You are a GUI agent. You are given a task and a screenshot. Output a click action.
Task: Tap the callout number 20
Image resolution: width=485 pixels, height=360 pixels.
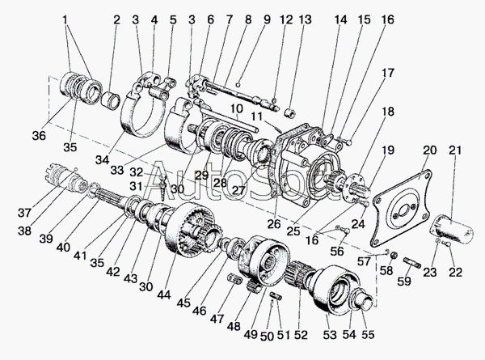[429, 151]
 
